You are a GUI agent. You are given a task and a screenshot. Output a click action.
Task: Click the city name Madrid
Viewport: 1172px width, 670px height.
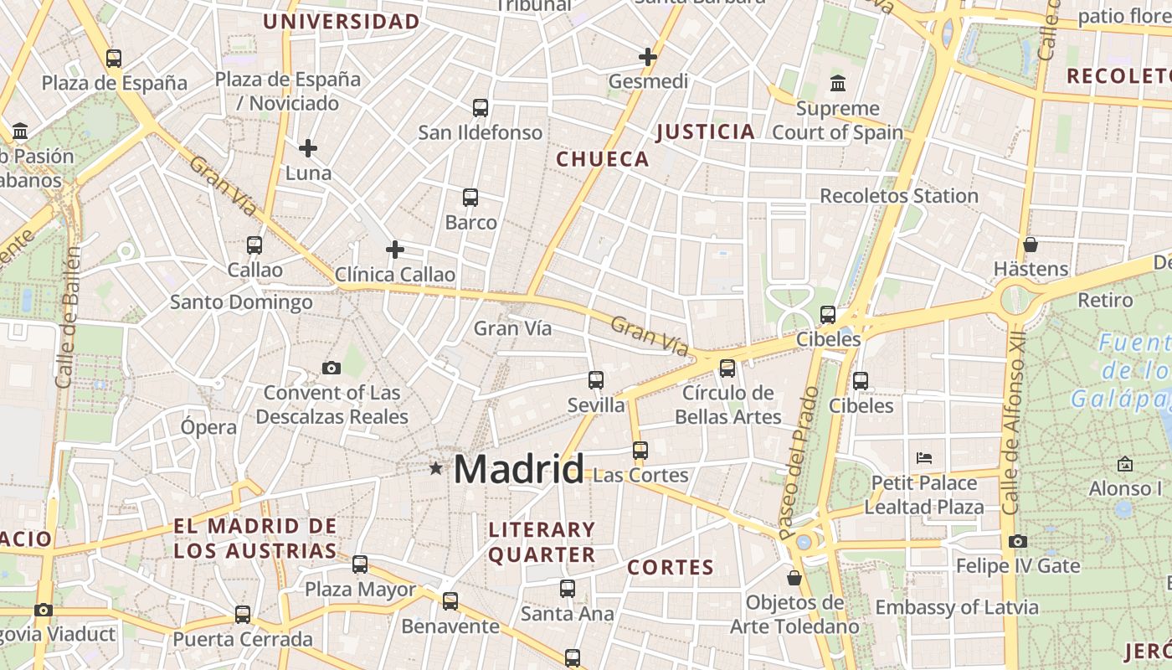click(x=518, y=469)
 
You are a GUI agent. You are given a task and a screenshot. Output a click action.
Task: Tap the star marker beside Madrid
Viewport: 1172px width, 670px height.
click(x=435, y=469)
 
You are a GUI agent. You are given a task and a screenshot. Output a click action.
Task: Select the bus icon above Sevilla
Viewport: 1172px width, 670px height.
click(x=596, y=380)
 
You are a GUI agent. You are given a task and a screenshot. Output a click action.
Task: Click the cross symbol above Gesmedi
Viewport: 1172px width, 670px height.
click(x=648, y=57)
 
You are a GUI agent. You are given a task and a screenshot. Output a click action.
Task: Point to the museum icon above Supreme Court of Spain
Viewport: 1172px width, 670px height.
click(x=837, y=83)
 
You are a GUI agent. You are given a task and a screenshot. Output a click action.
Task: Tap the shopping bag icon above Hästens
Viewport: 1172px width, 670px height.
click(x=1031, y=245)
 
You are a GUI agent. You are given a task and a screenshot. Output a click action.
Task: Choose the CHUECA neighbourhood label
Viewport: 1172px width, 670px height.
click(x=603, y=159)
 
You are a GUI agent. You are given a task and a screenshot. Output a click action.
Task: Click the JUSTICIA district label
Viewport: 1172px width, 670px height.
click(x=706, y=131)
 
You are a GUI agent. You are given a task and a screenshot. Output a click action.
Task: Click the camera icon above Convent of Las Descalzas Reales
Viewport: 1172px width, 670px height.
click(x=332, y=368)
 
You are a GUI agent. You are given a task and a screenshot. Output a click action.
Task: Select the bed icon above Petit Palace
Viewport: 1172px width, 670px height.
click(x=924, y=458)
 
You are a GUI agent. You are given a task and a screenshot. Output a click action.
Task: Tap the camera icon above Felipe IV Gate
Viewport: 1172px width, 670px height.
click(x=1018, y=542)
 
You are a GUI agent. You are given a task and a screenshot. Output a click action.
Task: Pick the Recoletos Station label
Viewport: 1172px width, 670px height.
click(x=899, y=196)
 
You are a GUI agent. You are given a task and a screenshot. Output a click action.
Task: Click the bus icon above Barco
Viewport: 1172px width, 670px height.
click(x=470, y=198)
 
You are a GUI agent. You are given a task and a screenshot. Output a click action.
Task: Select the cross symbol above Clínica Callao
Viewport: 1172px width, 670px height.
click(x=395, y=250)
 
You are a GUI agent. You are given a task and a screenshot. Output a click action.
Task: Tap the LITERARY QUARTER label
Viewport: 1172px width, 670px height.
click(x=542, y=542)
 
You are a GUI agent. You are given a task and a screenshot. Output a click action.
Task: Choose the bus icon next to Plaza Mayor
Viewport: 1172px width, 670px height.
click(x=360, y=564)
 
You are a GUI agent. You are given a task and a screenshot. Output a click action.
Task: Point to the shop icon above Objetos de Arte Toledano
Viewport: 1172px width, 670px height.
click(x=794, y=578)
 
